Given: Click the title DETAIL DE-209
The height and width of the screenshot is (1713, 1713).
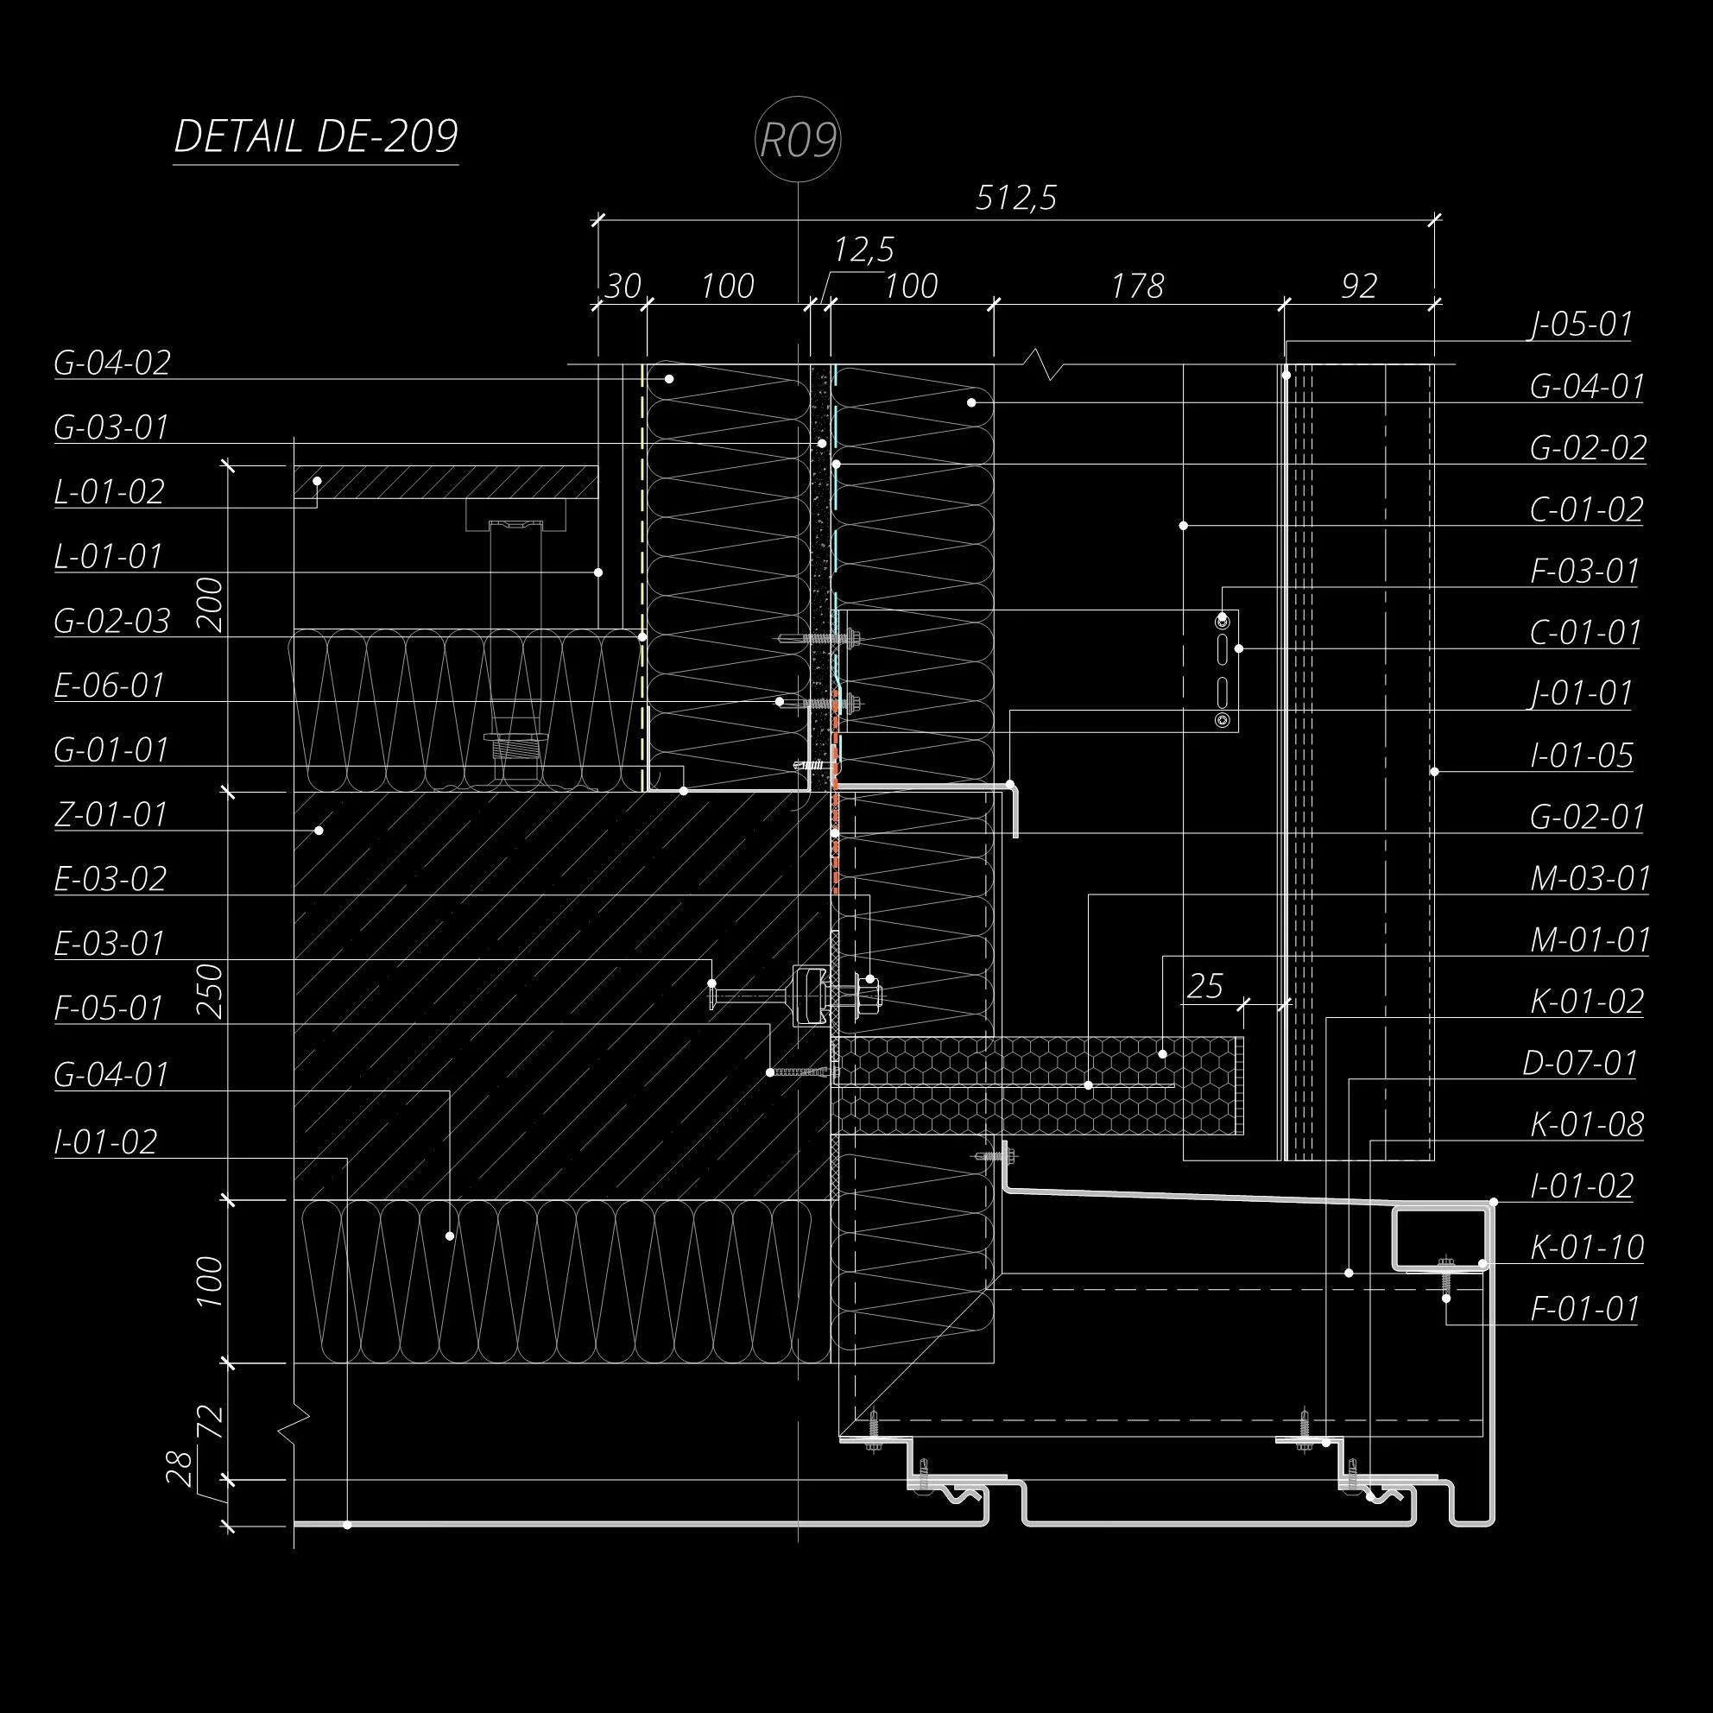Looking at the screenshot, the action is point(316,136).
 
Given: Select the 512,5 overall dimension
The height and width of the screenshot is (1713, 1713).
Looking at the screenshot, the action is point(1016,198).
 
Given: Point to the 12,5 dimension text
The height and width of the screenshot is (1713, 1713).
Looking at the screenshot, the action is point(863,250).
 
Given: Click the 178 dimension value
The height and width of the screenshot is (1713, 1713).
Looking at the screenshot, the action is point(1138,287).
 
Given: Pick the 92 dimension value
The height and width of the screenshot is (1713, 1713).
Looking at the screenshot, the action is point(1359,287).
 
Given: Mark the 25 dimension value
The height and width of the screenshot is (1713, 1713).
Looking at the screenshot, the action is point(1205,986).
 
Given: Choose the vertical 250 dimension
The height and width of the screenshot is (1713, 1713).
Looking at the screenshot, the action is point(211,991).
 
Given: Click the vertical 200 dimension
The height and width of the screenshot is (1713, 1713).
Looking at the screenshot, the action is point(211,604).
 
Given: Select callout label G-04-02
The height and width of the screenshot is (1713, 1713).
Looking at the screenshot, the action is point(111,363).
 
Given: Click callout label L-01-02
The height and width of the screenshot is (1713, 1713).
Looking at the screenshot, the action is point(109,492).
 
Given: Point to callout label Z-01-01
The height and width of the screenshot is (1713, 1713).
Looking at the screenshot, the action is point(111,815).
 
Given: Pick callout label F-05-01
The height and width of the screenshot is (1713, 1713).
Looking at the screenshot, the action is point(109,1008).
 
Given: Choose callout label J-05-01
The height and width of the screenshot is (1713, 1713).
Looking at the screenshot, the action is point(1581,325).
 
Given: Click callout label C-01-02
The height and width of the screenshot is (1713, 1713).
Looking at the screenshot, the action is point(1586,509).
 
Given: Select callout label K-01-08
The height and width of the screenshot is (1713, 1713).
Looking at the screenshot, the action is point(1587,1125).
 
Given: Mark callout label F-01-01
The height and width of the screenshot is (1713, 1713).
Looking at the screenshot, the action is point(1584,1310).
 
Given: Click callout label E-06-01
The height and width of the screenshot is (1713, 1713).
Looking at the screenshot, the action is point(109,686).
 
